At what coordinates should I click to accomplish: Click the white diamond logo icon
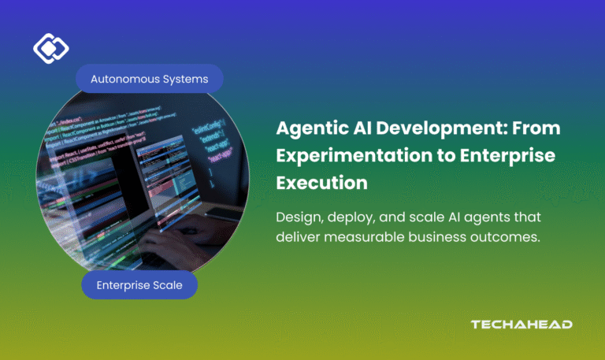point(50,49)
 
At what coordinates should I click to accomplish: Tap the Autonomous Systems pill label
point(150,79)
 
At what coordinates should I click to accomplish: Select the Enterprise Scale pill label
point(139,285)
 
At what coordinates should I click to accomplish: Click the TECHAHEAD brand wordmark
point(521,325)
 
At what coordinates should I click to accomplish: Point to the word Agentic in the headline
point(309,128)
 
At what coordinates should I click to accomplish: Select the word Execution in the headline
point(321,183)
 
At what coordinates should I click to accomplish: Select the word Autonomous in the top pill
point(125,79)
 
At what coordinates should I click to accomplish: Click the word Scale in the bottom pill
point(166,285)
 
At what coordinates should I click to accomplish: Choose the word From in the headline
point(538,128)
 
